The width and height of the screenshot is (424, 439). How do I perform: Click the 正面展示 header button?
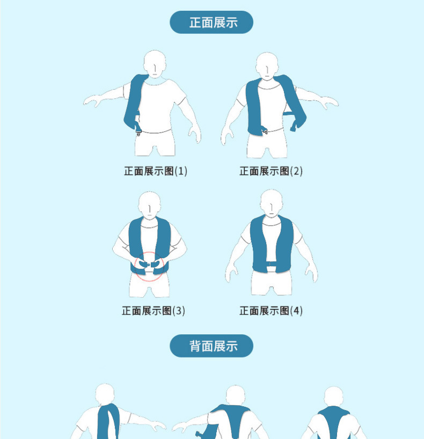tap(211, 23)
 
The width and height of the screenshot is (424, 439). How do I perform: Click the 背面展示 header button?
tap(211, 346)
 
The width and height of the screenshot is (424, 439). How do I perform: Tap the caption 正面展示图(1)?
tap(156, 171)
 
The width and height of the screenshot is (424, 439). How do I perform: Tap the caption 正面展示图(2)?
tap(271, 171)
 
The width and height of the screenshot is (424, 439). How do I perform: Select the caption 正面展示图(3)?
tap(153, 311)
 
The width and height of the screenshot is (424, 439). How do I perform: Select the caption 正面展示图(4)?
tap(271, 311)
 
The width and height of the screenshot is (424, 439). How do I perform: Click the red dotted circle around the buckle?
tap(149, 266)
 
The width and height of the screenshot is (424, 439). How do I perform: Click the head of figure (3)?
tap(150, 204)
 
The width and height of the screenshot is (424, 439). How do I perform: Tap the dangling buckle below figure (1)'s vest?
tap(138, 130)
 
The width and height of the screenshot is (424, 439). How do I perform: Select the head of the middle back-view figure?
tap(236, 396)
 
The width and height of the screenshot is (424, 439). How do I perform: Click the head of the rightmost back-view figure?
tap(333, 397)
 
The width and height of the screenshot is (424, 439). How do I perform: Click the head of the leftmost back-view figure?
tap(105, 394)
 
